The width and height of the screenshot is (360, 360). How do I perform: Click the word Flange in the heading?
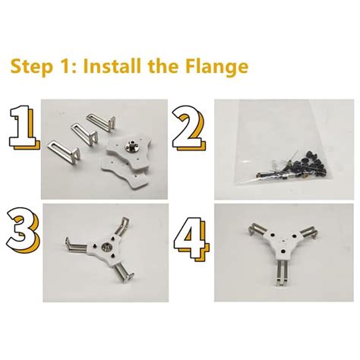[216, 67]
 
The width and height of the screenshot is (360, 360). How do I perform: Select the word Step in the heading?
[32, 67]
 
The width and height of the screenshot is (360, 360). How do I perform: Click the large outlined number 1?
[24, 128]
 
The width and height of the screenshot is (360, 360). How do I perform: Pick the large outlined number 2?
[189, 128]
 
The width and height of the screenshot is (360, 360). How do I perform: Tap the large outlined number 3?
[24, 230]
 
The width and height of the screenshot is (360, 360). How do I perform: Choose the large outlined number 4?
[191, 238]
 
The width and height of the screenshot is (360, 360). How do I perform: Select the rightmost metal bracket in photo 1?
[101, 122]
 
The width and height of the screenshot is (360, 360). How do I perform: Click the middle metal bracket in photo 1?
[84, 133]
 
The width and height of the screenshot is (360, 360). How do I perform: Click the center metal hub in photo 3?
[106, 247]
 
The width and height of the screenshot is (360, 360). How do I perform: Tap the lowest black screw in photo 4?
[283, 251]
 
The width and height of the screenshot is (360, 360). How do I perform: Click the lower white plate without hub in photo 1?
[124, 172]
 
